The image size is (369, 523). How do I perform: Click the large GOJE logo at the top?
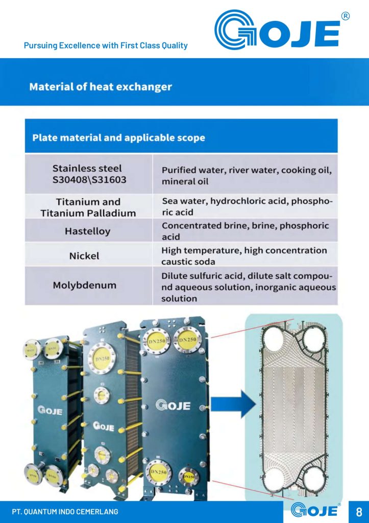(277, 31)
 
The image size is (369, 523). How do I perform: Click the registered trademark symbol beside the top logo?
(346, 16)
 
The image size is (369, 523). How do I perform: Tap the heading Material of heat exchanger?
(101, 87)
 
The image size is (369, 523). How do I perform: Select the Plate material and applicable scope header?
(118, 137)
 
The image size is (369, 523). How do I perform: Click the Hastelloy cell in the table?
(88, 231)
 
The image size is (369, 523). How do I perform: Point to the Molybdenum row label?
(85, 285)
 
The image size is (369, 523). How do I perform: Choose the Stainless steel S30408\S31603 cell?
(88, 174)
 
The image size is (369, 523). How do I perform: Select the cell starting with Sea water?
(247, 206)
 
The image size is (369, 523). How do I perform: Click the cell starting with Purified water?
(247, 175)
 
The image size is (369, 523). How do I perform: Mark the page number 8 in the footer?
(359, 511)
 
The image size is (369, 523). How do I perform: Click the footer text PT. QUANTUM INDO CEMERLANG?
(65, 511)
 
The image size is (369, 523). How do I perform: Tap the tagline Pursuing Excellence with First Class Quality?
(106, 45)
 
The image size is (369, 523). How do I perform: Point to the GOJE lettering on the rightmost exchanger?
(173, 406)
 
